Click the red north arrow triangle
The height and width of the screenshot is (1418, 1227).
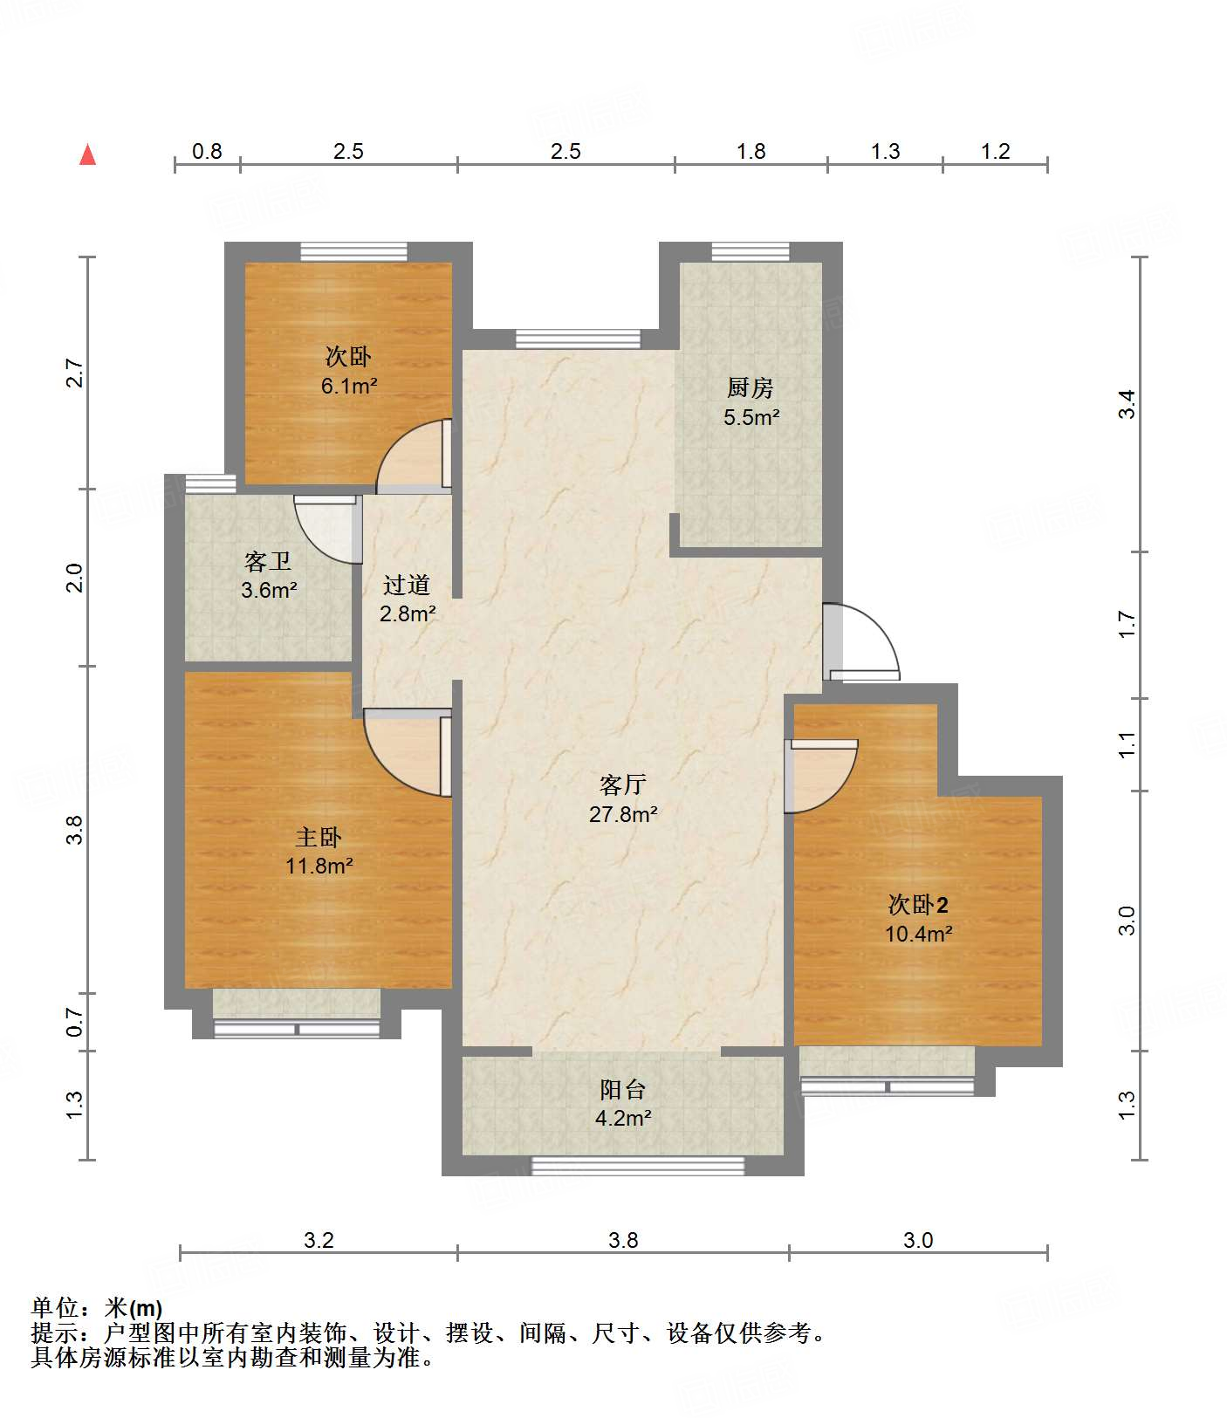[x=87, y=154]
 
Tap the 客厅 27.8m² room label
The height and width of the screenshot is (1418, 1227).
[x=623, y=799]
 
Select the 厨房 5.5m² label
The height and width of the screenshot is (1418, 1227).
[x=751, y=402]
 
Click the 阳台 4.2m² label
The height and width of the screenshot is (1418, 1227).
[x=623, y=1103]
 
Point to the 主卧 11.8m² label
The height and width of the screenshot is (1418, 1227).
[x=319, y=852]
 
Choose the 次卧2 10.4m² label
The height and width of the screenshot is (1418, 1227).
[x=918, y=919]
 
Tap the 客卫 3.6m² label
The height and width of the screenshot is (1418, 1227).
[x=268, y=575]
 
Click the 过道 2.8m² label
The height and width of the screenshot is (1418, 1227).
[x=407, y=599]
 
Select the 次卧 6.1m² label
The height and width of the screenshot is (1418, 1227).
[x=348, y=371]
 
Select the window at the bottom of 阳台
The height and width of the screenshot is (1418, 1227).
[x=638, y=1166]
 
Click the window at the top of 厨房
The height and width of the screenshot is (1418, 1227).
[x=751, y=251]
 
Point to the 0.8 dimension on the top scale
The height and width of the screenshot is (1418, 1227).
[x=207, y=152]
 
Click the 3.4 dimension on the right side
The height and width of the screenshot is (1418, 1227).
[x=1127, y=404]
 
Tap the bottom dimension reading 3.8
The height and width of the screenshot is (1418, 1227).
[x=623, y=1240]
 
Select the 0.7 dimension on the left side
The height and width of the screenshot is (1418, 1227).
[x=75, y=1022]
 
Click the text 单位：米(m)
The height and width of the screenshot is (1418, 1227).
[x=97, y=1308]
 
